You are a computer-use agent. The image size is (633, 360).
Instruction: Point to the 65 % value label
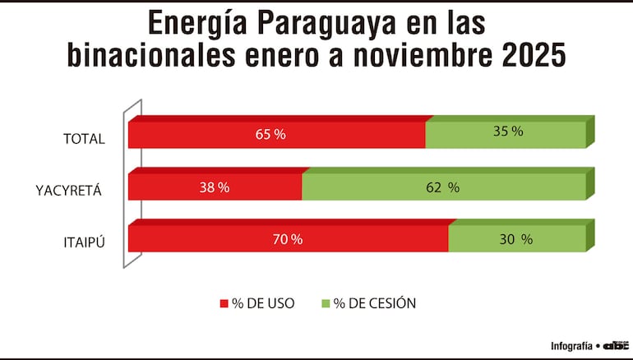pyautogui.click(x=270, y=134)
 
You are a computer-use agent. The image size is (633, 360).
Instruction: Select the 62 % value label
pyautogui.click(x=443, y=187)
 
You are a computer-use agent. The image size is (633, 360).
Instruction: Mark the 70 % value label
pyautogui.click(x=287, y=239)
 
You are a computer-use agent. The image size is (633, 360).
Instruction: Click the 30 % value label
pyautogui.click(x=516, y=239)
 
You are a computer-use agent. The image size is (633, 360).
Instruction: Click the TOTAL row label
pyautogui.click(x=84, y=139)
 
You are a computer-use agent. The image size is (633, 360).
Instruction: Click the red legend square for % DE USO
pyautogui.click(x=224, y=304)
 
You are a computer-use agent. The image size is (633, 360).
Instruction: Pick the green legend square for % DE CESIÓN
pyautogui.click(x=326, y=304)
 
